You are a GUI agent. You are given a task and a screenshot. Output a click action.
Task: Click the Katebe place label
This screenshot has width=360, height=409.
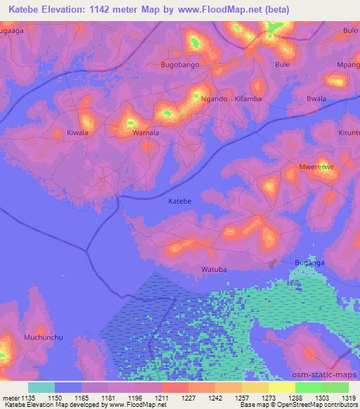pos(181,201)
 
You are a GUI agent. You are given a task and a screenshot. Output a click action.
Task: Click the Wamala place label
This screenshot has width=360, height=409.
pos(146,132)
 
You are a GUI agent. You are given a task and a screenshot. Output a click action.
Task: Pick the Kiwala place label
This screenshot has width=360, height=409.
pos(77,132)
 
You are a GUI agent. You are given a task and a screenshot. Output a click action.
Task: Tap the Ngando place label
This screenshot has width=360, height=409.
pos(214,99)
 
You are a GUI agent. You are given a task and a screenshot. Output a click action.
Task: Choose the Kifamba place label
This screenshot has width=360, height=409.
pos(248,99)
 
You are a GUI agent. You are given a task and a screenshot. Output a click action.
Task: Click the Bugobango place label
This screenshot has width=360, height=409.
pos(180,65)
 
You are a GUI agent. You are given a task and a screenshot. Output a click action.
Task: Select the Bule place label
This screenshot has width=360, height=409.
pos(283,65)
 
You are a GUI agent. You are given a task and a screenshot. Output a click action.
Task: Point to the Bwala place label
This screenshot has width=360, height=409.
pos(316,99)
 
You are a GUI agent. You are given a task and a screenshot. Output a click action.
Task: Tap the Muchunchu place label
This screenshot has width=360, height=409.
pos(44,337)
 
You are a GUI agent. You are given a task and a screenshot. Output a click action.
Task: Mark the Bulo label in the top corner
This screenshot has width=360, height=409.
pos(350,30)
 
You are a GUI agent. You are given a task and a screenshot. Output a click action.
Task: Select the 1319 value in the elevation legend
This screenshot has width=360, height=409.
pos(348,398)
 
